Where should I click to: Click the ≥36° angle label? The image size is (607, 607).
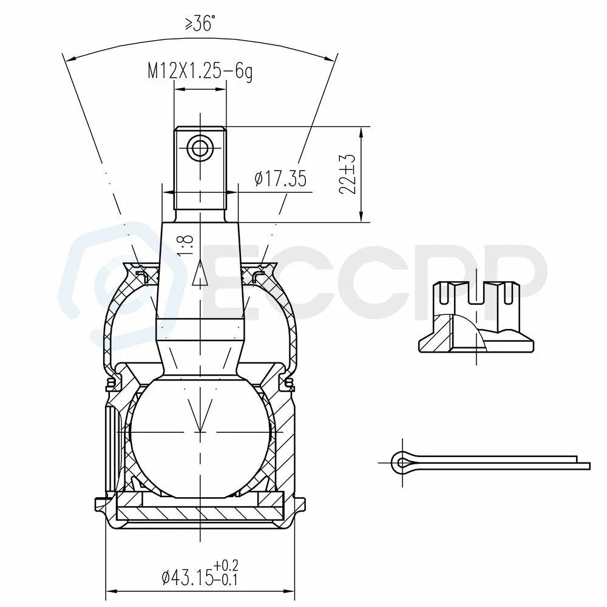tap(198, 24)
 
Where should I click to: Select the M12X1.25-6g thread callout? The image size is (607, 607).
tap(200, 72)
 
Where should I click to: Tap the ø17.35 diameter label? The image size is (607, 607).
tap(280, 178)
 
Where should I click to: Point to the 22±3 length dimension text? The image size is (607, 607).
tap(347, 174)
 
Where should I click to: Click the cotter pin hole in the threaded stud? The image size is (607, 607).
tap(200, 148)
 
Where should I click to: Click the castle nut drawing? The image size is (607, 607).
tap(476, 317)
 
